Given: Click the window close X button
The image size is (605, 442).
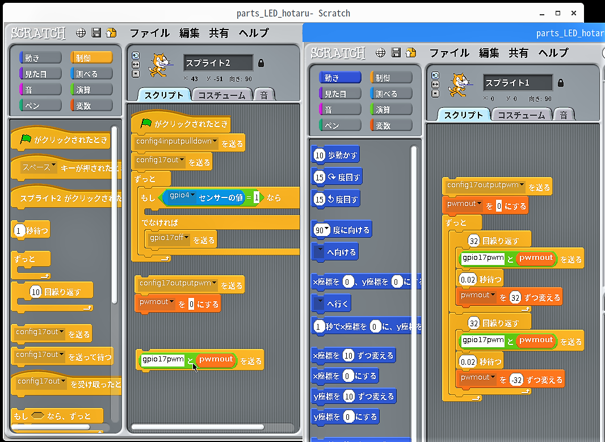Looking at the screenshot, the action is (574, 13).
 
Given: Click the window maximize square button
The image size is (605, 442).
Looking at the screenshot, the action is (557, 13).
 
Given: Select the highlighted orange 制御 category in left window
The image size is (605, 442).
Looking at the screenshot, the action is (91, 58).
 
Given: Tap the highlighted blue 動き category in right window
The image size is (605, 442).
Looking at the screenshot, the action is (340, 78).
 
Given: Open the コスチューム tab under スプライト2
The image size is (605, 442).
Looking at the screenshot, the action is (222, 95).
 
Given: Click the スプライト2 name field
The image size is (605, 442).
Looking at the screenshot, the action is (219, 63).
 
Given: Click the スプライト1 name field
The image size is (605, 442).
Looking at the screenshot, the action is (518, 82).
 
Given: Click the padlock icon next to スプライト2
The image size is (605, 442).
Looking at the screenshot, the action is (261, 63).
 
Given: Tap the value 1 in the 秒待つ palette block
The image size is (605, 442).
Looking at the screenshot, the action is (18, 230).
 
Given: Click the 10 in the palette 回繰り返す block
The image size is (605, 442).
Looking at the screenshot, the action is (36, 292).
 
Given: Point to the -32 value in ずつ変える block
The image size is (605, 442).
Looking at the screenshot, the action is (516, 380).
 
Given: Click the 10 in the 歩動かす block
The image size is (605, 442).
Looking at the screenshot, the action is (319, 155).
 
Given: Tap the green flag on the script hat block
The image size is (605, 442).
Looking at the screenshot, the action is (146, 123).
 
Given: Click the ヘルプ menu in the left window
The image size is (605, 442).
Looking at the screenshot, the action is (254, 33).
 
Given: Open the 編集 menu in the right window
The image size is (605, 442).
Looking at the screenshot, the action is (489, 53).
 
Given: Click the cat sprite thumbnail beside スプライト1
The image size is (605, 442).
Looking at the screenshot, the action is (459, 85).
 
